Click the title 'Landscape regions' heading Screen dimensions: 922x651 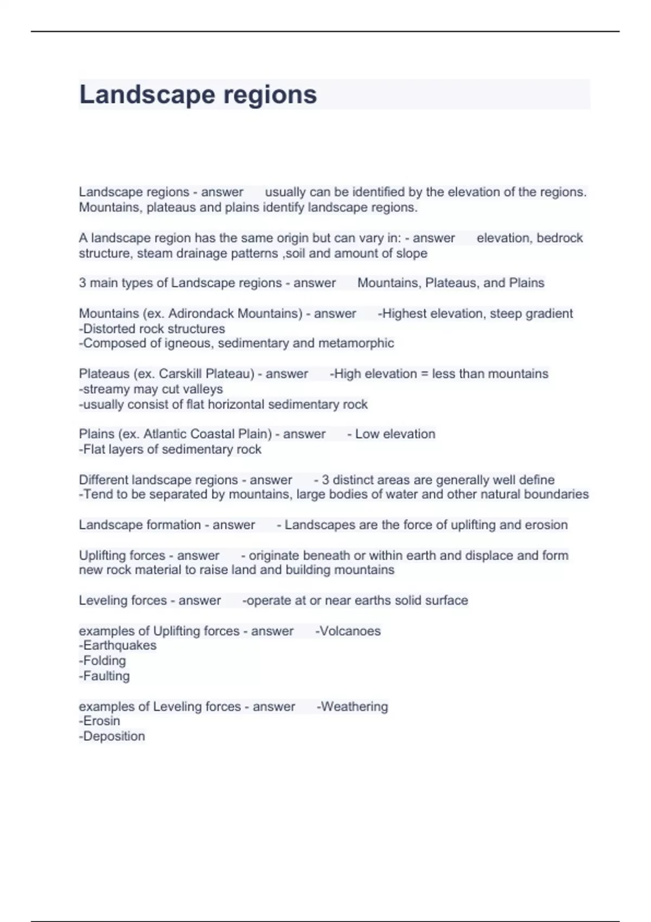click(198, 95)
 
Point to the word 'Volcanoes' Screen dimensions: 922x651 click(350, 631)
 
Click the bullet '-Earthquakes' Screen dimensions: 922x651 click(118, 645)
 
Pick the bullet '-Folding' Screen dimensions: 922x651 click(103, 661)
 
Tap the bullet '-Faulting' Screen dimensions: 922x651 click(104, 676)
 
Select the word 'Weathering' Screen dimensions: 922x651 click(354, 706)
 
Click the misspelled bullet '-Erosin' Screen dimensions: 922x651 click(100, 721)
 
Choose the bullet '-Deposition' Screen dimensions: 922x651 click(112, 736)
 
